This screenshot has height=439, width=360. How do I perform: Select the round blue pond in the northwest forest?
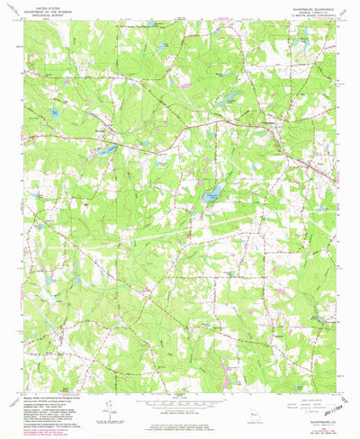(x=55, y=113)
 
